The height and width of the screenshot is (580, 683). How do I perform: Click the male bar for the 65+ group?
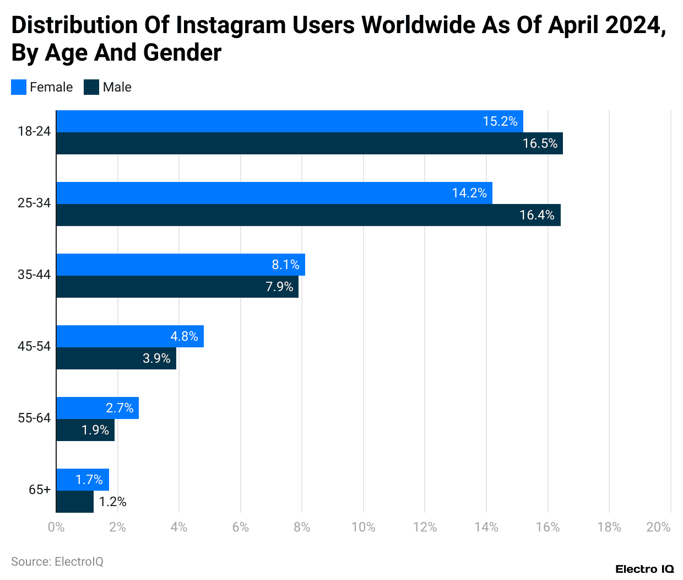[x=75, y=502]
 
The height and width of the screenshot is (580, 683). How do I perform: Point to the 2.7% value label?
[x=120, y=408]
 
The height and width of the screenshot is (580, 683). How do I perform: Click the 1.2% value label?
[x=113, y=502]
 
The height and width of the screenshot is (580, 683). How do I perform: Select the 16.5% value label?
[x=540, y=143]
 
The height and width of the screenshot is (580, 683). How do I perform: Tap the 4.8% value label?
[x=184, y=336]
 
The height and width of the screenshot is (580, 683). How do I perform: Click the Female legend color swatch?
[x=19, y=87]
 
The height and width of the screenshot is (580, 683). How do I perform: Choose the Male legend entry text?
[x=117, y=87]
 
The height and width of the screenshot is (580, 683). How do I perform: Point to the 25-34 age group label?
[x=34, y=203]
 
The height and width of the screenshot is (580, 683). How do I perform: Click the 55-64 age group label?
[x=34, y=418]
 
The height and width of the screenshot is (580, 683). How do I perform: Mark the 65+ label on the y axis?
[x=40, y=490]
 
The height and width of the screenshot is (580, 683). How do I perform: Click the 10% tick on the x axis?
[x=364, y=527]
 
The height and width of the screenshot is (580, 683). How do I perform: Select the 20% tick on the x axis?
[x=658, y=527]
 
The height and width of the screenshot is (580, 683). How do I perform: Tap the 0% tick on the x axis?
[x=56, y=527]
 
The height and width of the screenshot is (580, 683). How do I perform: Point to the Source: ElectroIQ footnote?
[x=57, y=561]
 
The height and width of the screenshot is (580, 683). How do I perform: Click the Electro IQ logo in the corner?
[x=644, y=569]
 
